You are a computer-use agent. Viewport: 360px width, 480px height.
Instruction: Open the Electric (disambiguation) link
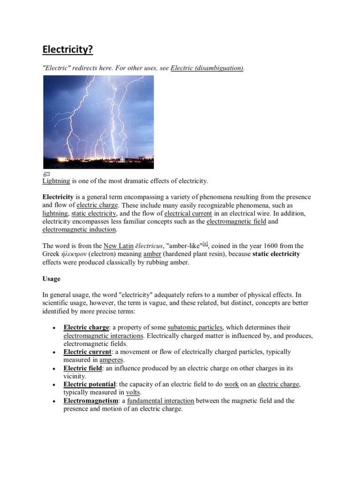[x=207, y=68]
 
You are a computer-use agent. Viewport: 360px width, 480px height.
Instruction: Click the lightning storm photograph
[x=98, y=122]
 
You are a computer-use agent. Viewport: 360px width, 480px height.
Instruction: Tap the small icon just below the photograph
[x=46, y=174]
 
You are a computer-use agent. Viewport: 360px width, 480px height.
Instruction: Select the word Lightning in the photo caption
[x=56, y=180]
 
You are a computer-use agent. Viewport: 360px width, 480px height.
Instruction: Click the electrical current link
[x=188, y=213]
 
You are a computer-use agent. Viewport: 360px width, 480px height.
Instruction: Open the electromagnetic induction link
[x=79, y=229]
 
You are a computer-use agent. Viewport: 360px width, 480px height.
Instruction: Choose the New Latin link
[x=118, y=246]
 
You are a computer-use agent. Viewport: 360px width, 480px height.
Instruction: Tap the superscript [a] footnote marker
[x=205, y=244]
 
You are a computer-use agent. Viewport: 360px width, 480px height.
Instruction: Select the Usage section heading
[x=52, y=278]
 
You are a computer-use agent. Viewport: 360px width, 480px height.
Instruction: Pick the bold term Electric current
[x=88, y=352]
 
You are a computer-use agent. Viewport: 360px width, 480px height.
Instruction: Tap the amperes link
[x=111, y=360]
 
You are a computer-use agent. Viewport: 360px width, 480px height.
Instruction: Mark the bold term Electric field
[x=82, y=368]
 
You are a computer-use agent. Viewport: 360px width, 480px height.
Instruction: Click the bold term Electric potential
[x=90, y=384]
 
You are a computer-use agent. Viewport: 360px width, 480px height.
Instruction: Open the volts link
[x=133, y=392]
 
